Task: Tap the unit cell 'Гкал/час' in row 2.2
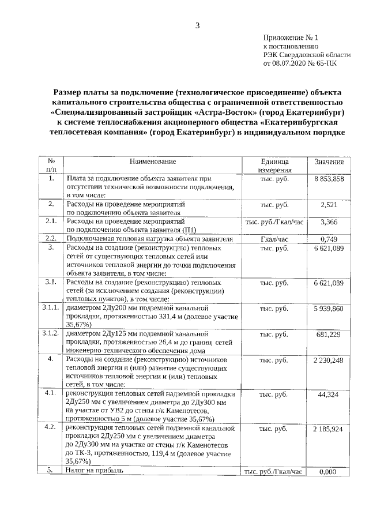(x=274, y=239)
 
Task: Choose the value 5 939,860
(x=329, y=309)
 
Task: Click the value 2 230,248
(x=329, y=360)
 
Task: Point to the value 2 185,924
(x=329, y=429)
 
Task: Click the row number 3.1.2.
(x=51, y=334)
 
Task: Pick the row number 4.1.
(x=51, y=394)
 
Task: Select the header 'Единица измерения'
(x=274, y=166)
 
